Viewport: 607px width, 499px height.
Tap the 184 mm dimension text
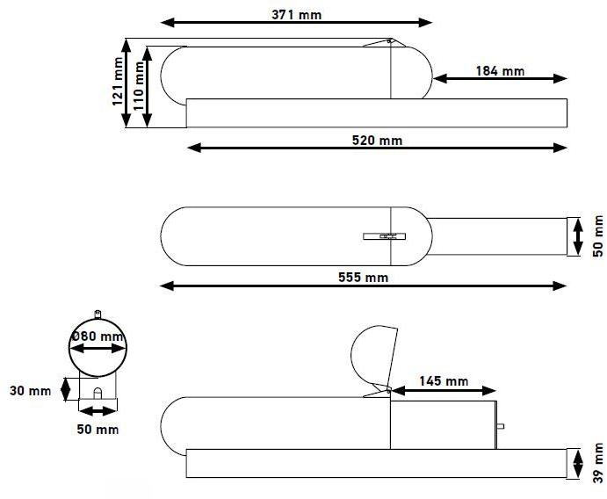pos(500,69)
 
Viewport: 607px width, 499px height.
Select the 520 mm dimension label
pos(377,141)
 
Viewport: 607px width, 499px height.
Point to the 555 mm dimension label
pos(362,278)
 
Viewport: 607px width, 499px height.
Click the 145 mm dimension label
pos(443,380)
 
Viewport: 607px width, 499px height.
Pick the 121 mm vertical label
pos(118,82)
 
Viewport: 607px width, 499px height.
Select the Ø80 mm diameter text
pos(98,336)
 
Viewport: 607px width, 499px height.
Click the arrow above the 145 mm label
pos(443,391)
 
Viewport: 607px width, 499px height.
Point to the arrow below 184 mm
pos(500,78)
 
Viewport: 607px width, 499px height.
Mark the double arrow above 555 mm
pos(363,286)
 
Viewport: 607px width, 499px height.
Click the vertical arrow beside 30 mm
pos(66,388)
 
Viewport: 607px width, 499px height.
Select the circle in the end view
pos(98,348)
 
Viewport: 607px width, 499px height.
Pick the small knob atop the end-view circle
pos(98,313)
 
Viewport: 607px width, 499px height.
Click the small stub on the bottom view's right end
pos(501,427)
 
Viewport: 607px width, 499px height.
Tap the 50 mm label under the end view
pos(98,430)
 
